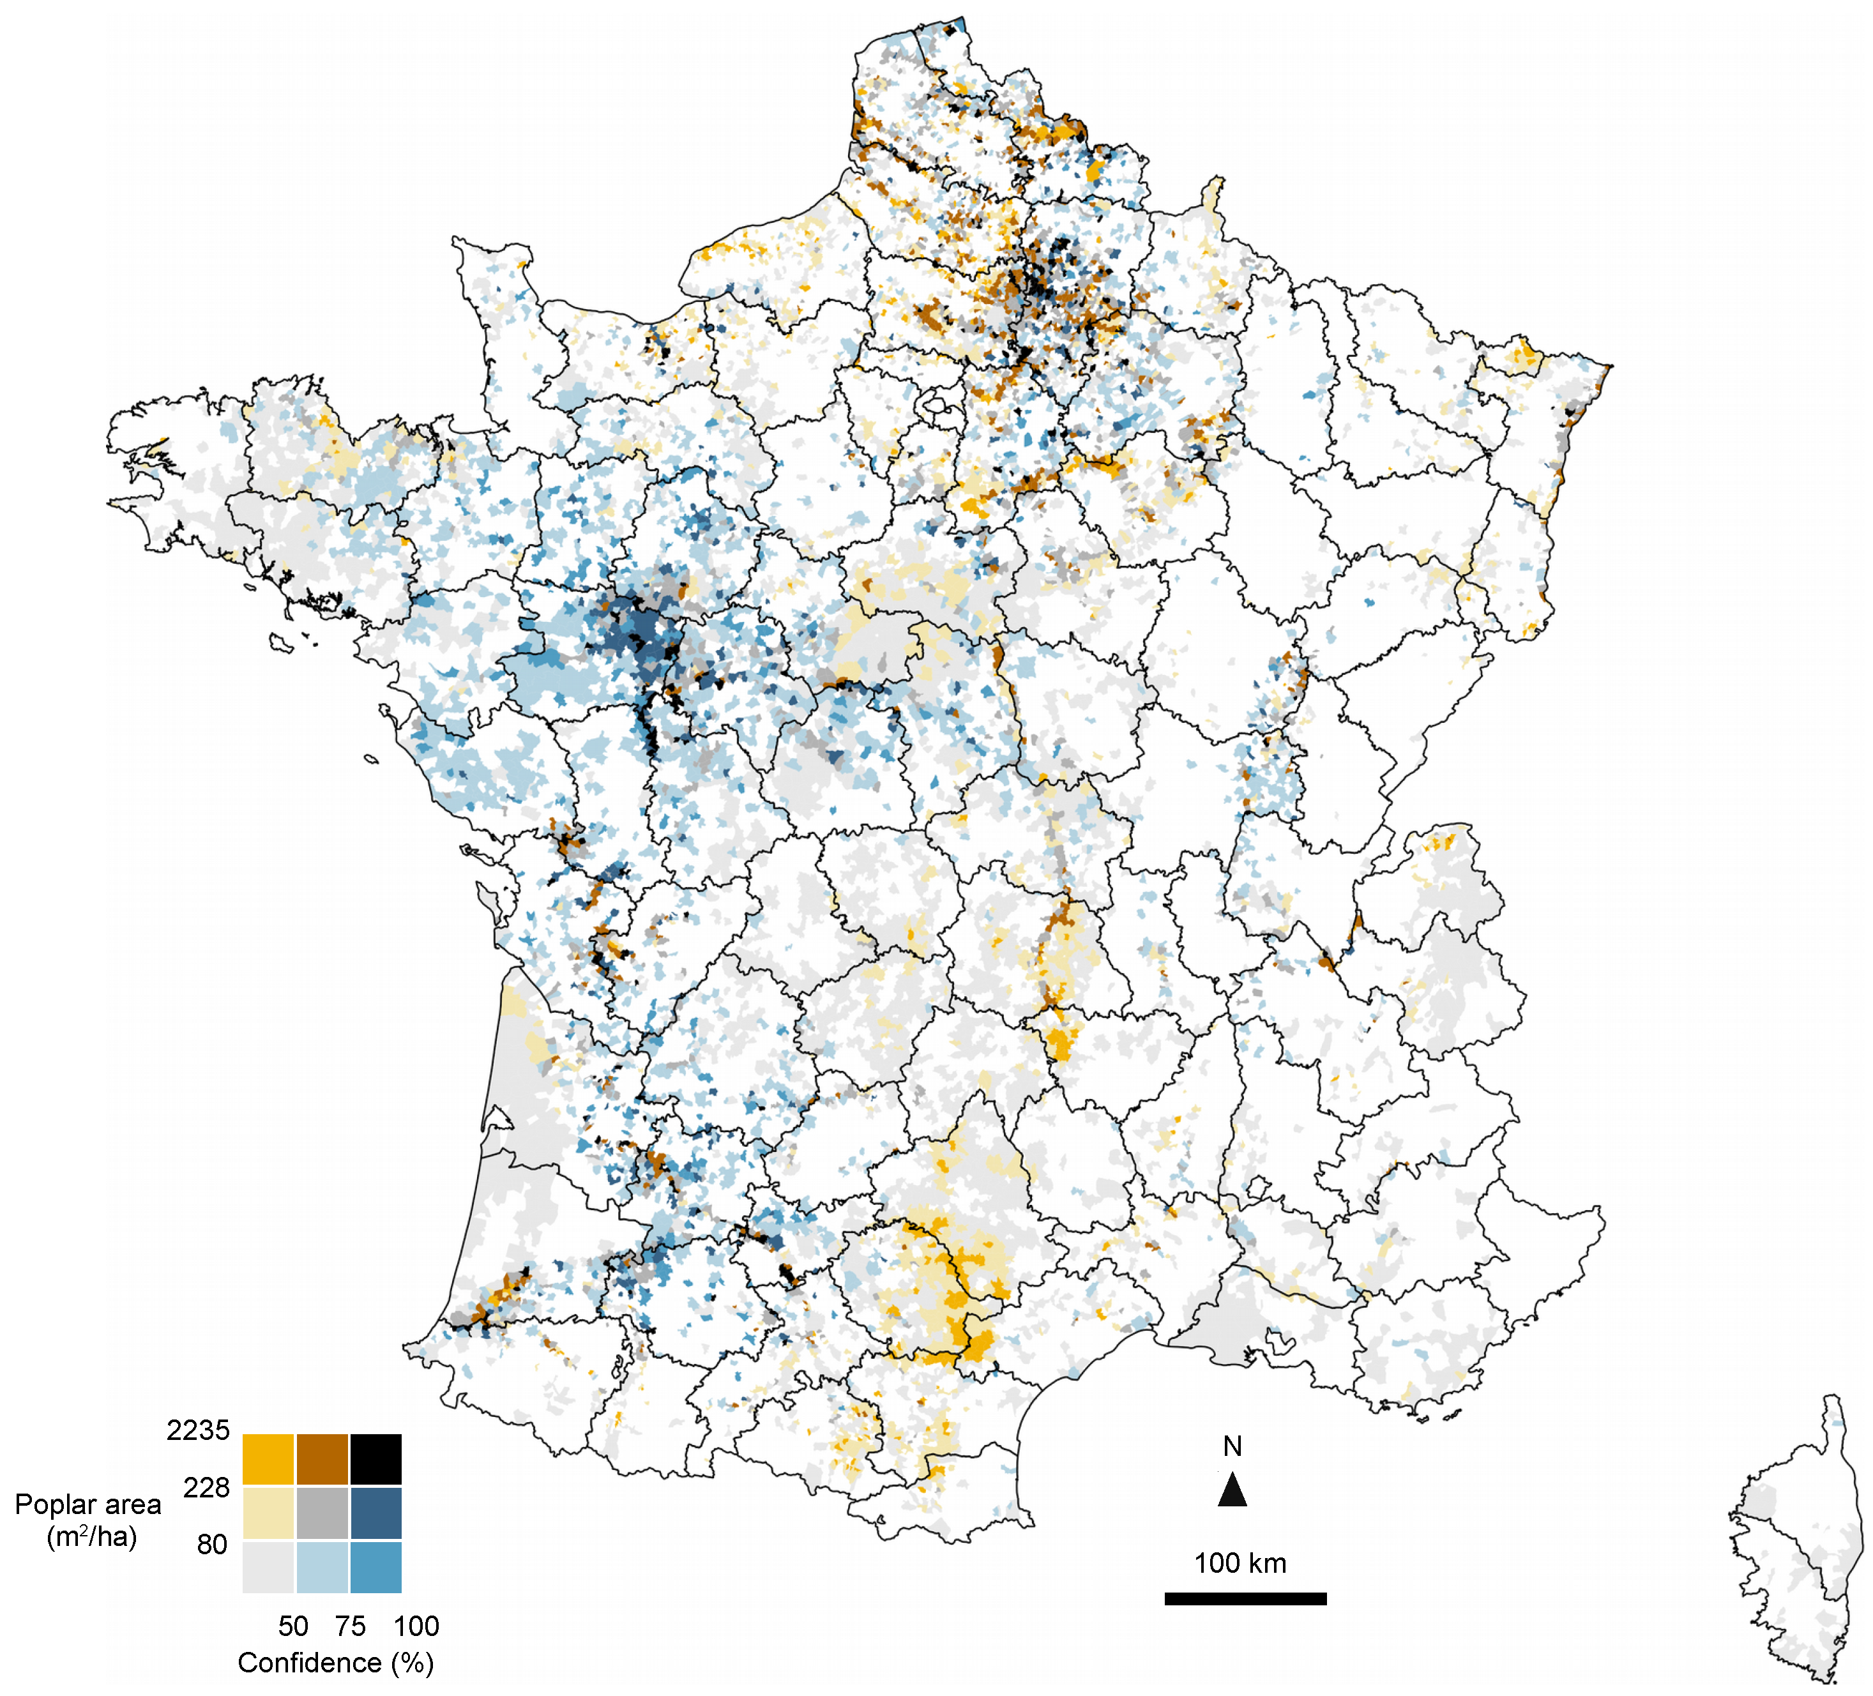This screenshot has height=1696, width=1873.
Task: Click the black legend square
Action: (x=375, y=1459)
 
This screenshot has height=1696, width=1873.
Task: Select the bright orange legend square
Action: (x=268, y=1459)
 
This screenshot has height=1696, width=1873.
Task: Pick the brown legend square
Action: (x=322, y=1459)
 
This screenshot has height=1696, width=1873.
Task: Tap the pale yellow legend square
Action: (x=268, y=1513)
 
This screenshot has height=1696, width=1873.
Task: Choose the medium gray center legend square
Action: (x=322, y=1513)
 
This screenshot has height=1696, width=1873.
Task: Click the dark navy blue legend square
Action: (x=375, y=1513)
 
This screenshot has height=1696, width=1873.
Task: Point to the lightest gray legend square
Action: (x=268, y=1567)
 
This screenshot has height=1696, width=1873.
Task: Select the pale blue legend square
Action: (x=322, y=1567)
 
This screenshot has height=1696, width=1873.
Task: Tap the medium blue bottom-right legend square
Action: (x=375, y=1567)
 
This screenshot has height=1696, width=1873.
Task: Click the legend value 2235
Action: (x=198, y=1430)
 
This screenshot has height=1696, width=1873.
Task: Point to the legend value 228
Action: (x=206, y=1488)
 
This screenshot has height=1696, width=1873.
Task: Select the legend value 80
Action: (x=212, y=1545)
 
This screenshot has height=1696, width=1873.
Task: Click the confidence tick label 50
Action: (x=292, y=1626)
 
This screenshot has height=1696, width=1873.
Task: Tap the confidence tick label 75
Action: (x=350, y=1626)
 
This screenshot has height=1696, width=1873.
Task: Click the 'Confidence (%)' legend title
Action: (x=335, y=1663)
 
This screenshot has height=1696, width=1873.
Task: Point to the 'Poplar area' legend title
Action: (x=88, y=1504)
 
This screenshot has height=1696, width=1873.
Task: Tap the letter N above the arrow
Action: (x=1232, y=1446)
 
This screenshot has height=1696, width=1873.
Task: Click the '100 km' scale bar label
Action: (x=1240, y=1563)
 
